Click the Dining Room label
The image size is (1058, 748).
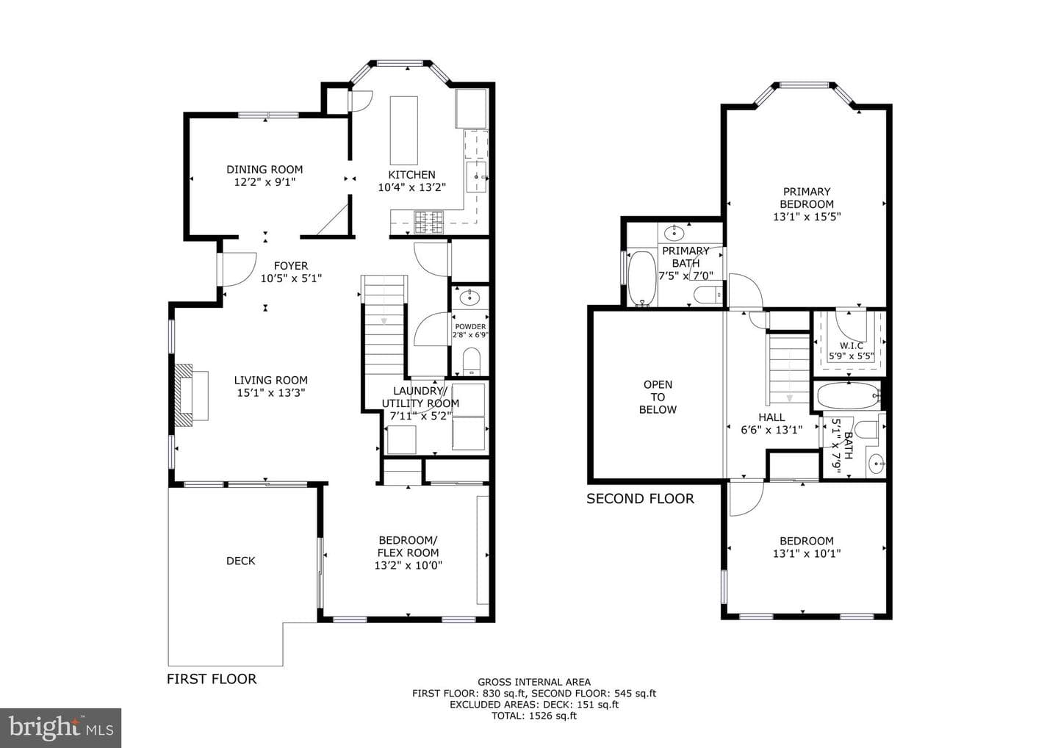pyautogui.click(x=264, y=170)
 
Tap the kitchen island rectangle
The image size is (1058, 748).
pyautogui.click(x=404, y=130)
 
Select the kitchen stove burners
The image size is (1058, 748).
pyautogui.click(x=429, y=222)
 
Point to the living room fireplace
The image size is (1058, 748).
pyautogui.click(x=192, y=396)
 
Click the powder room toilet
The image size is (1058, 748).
pyautogui.click(x=471, y=362)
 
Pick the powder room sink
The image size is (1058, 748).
pyautogui.click(x=470, y=298)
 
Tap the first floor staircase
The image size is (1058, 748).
pyautogui.click(x=384, y=326)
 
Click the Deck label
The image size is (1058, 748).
pyautogui.click(x=241, y=561)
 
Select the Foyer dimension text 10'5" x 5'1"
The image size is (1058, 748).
pyautogui.click(x=291, y=278)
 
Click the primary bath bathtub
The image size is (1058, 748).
pyautogui.click(x=642, y=278)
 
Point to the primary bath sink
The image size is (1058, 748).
pyautogui.click(x=674, y=233)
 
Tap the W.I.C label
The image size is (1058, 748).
pyautogui.click(x=852, y=345)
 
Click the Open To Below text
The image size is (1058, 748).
pyautogui.click(x=658, y=397)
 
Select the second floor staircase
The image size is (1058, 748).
pyautogui.click(x=789, y=370)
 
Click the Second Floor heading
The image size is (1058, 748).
pyautogui.click(x=640, y=499)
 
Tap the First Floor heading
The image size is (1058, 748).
pyautogui.click(x=212, y=679)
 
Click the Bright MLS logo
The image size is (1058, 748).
pyautogui.click(x=60, y=727)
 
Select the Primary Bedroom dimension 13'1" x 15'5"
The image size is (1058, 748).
pyautogui.click(x=807, y=217)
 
